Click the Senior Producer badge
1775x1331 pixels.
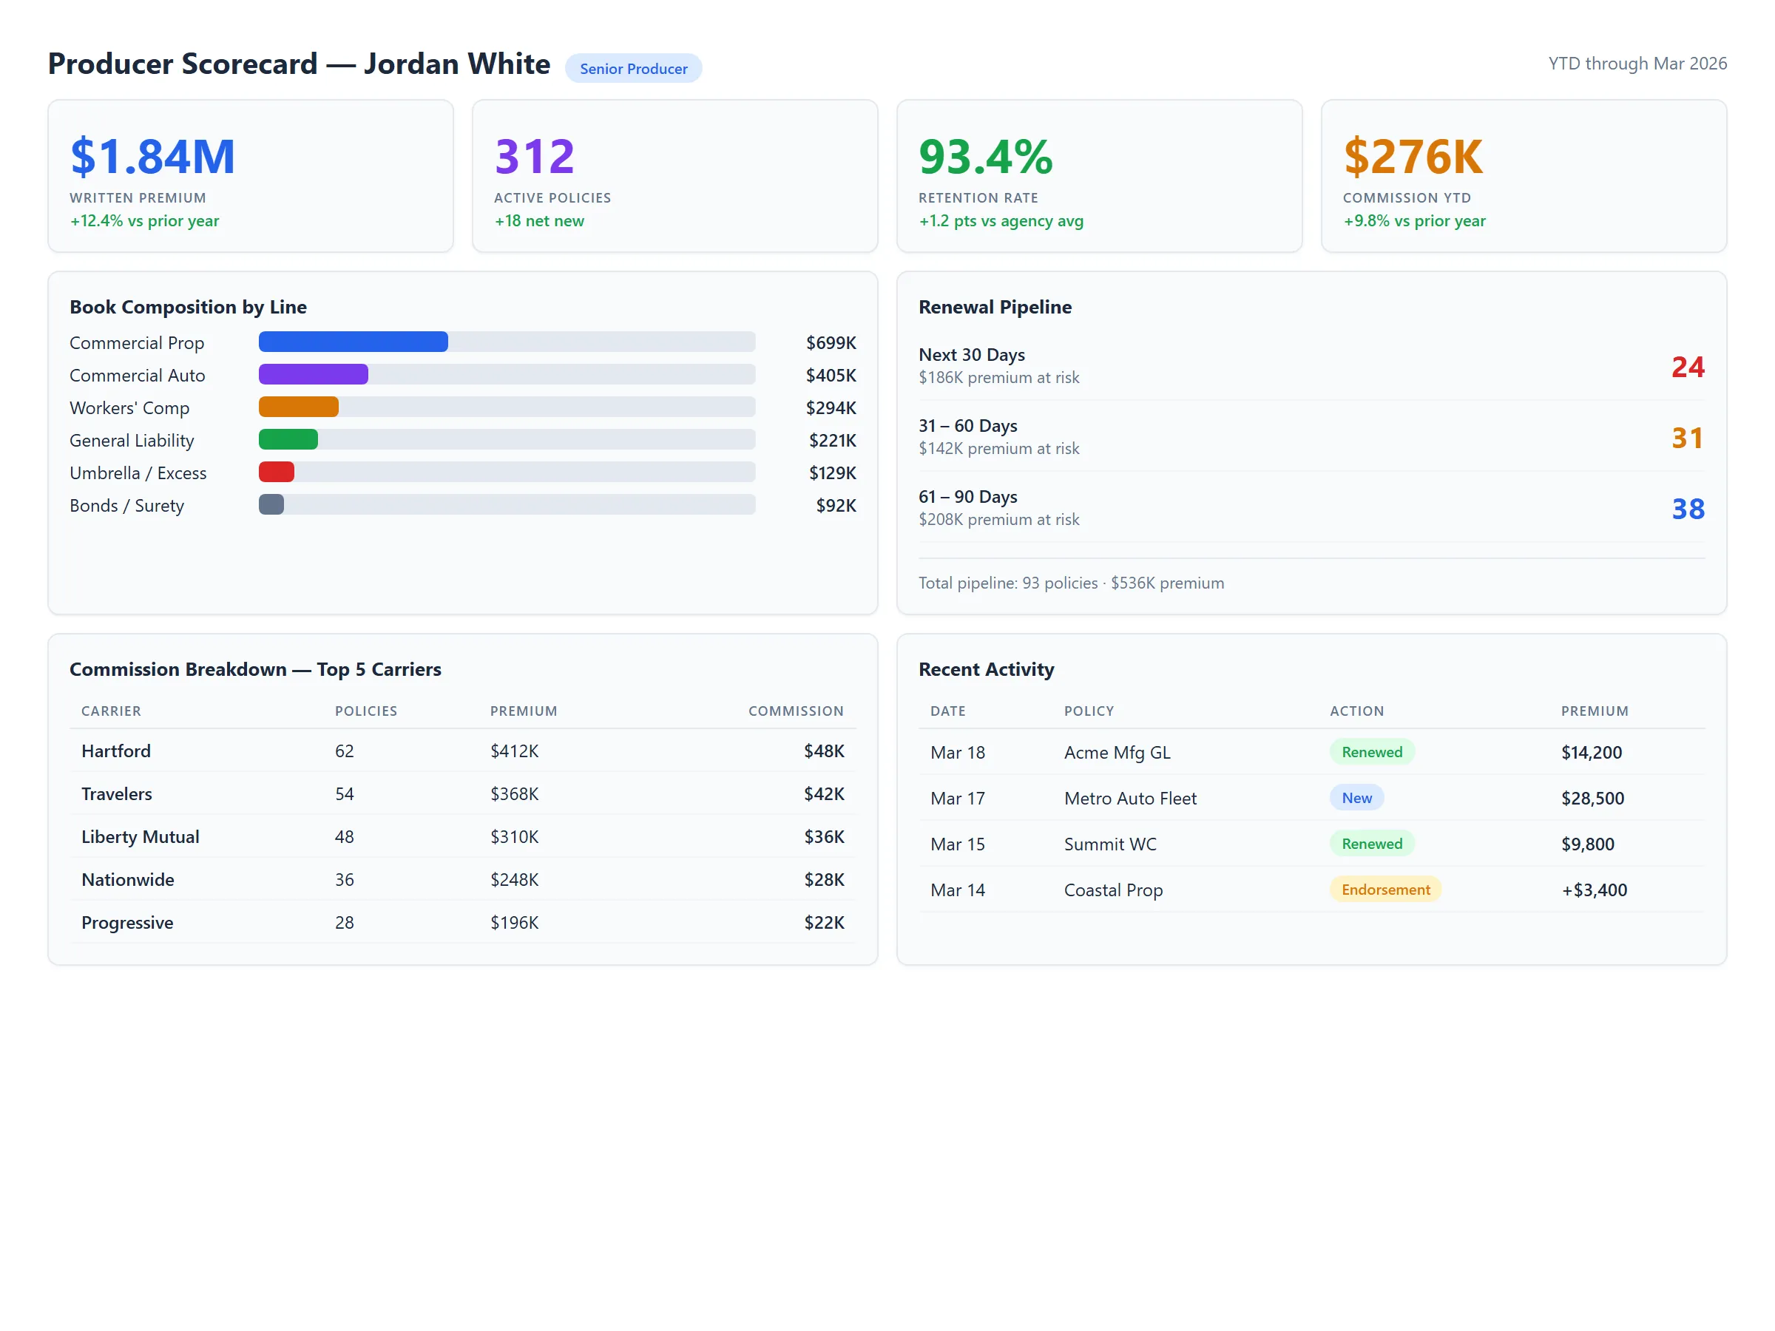[633, 69]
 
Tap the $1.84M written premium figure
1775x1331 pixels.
[152, 157]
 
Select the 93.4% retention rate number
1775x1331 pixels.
[985, 157]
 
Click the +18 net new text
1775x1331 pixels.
[539, 221]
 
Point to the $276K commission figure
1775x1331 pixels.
[1413, 157]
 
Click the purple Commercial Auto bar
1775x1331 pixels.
[313, 375]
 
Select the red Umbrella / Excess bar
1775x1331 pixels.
[276, 473]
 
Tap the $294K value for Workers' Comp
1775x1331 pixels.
[831, 408]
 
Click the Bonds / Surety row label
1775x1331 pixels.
[126, 507]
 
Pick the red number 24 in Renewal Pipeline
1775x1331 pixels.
[1688, 368]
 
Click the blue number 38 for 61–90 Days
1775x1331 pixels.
[1688, 509]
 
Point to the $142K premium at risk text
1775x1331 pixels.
[998, 450]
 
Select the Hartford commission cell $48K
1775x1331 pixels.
[824, 752]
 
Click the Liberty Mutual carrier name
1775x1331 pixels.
[141, 838]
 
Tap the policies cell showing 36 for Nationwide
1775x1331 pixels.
[344, 880]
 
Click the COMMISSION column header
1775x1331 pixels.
[795, 711]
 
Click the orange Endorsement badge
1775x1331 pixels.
[1385, 890]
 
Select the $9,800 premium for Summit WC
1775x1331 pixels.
[1587, 844]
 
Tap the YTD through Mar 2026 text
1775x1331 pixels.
[1637, 64]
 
